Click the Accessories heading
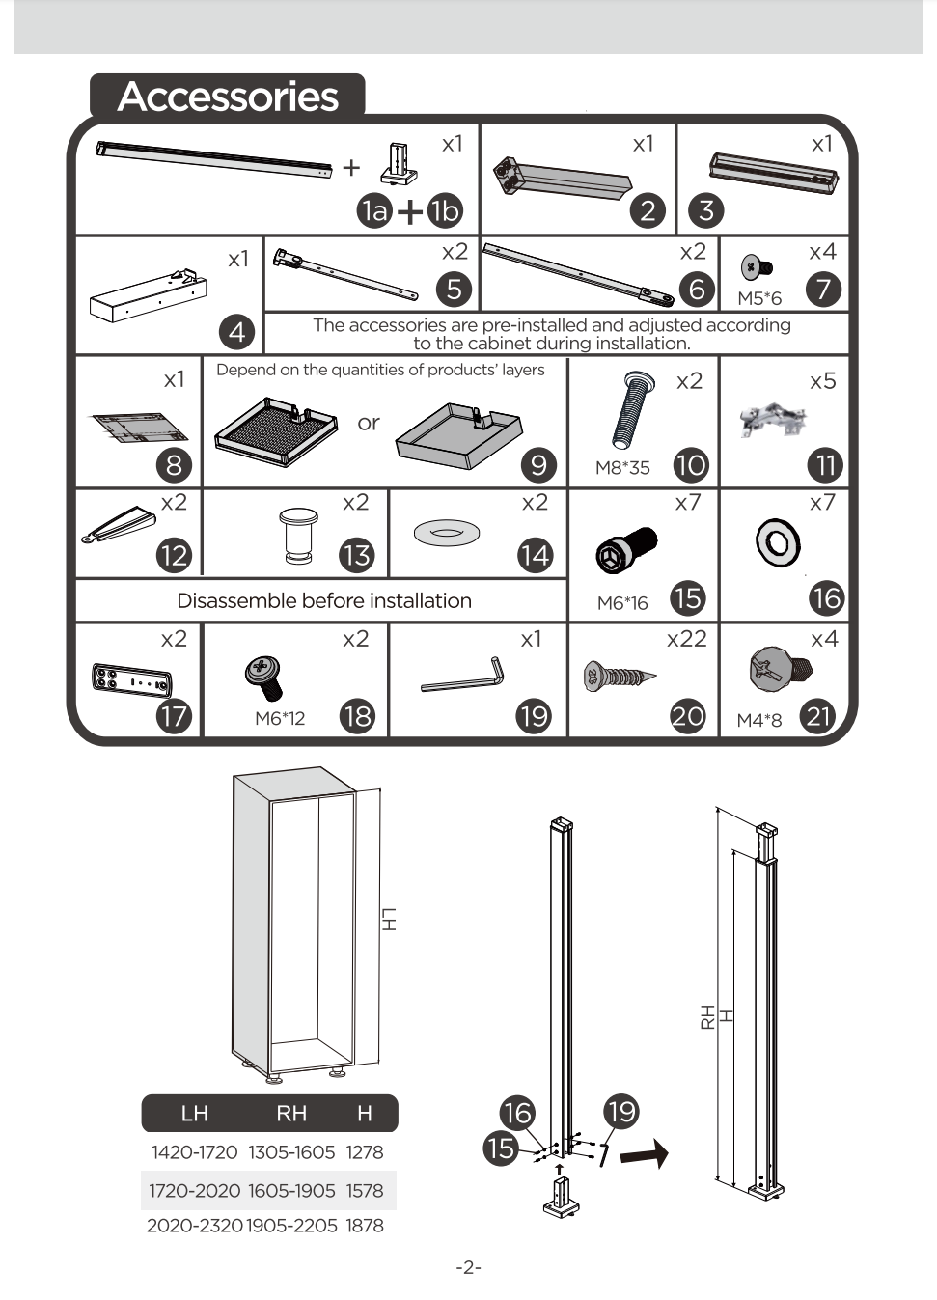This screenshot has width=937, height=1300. (228, 97)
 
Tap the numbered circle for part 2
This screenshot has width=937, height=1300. (648, 210)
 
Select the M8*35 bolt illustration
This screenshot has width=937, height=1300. (634, 410)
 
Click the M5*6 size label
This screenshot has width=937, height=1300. (758, 298)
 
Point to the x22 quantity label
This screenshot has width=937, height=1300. (687, 639)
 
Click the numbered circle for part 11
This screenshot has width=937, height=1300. (826, 465)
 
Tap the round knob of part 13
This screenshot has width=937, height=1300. (298, 536)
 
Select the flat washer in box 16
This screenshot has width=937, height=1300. (778, 543)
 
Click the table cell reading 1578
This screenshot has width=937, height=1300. (365, 1190)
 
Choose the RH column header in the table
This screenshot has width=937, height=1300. (291, 1113)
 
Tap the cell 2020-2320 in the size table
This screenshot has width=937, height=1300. (194, 1225)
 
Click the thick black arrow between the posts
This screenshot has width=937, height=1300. (644, 1153)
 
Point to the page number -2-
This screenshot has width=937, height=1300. (468, 1268)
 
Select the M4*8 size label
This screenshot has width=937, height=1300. (758, 720)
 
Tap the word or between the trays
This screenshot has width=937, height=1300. (369, 423)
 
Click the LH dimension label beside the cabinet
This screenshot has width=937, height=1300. (389, 920)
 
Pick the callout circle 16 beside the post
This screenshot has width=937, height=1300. (517, 1113)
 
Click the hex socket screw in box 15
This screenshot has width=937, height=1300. (626, 549)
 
